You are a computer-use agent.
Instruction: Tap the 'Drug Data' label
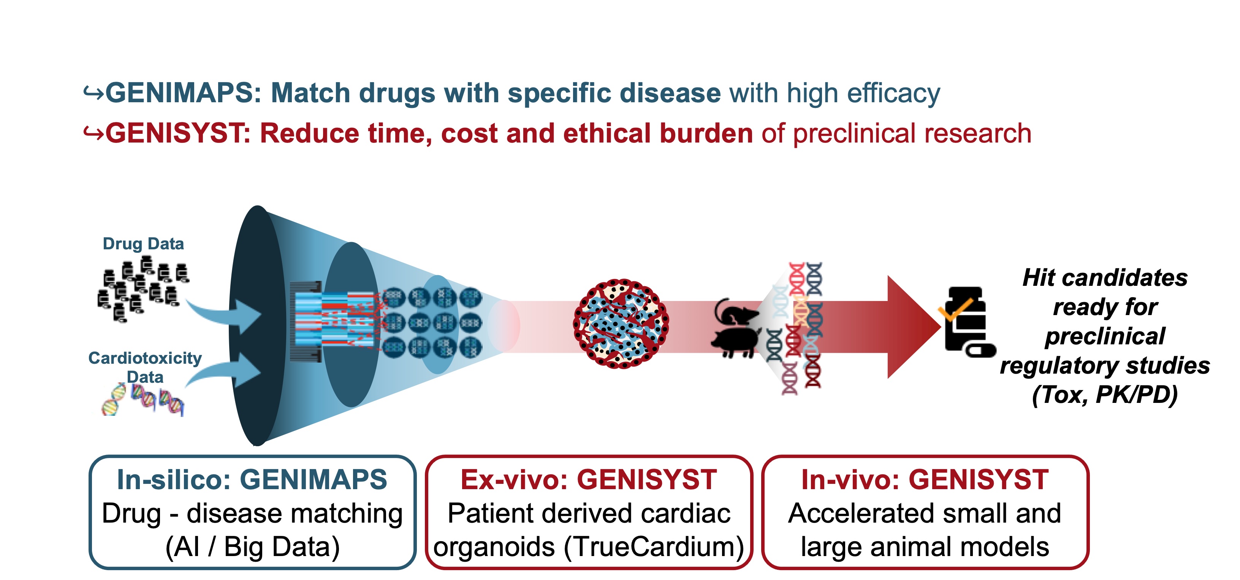[143, 244]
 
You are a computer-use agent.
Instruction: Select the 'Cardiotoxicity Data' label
[145, 367]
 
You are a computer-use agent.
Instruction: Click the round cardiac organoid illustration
[621, 324]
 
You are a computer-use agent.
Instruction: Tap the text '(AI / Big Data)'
[253, 547]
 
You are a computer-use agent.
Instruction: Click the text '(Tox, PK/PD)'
[1105, 395]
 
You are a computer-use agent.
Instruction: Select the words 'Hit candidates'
[1105, 278]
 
